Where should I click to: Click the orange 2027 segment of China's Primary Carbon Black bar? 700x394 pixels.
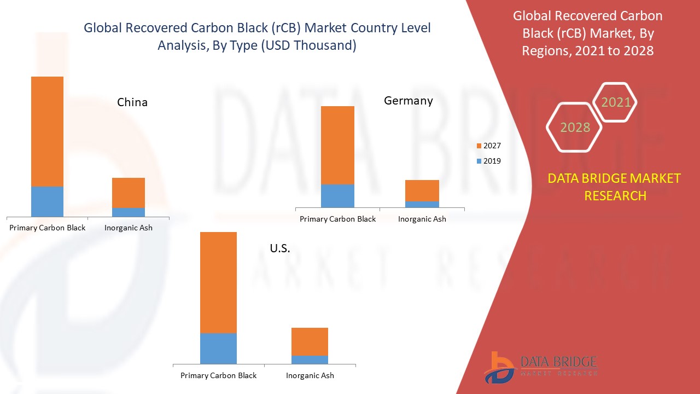tap(47, 131)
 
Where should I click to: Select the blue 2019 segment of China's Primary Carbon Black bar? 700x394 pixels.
tap(47, 201)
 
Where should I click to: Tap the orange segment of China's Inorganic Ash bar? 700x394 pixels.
tap(129, 193)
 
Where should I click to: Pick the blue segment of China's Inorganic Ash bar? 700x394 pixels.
tap(129, 212)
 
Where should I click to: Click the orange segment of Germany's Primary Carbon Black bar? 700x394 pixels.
tap(337, 145)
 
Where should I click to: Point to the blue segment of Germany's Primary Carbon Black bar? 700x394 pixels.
tap(337, 196)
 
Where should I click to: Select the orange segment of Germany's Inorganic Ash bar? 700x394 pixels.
tap(422, 190)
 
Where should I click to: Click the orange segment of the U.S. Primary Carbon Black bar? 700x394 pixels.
tap(218, 282)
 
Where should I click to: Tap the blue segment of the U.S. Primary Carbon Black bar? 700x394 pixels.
tap(218, 349)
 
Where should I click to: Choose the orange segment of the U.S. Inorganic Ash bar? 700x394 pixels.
tap(310, 341)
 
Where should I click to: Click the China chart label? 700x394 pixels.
tap(132, 102)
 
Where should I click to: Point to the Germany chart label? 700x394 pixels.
tap(408, 101)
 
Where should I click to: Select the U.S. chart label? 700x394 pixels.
tap(280, 248)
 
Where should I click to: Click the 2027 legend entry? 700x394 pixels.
tap(488, 146)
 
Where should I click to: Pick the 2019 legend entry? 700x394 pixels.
tap(488, 161)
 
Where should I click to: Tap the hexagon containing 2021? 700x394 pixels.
tap(616, 102)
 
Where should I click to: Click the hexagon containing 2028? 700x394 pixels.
tap(575, 128)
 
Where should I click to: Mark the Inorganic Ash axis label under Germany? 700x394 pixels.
tap(422, 219)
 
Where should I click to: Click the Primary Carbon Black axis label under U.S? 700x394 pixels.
tap(218, 376)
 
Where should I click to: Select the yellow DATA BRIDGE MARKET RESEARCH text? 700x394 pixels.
tap(614, 187)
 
